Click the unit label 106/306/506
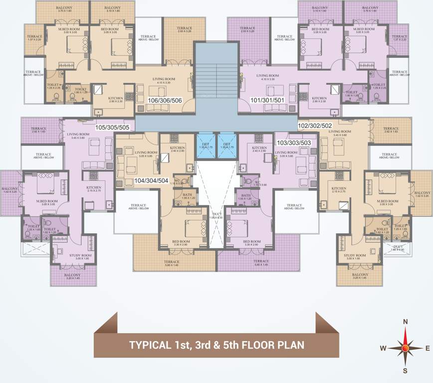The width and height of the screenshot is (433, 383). tap(165, 100)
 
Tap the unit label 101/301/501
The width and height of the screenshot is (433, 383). tap(268, 100)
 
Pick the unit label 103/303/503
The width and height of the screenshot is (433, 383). tap(294, 143)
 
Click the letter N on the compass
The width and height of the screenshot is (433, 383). tap(406, 322)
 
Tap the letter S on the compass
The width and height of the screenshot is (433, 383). tap(406, 370)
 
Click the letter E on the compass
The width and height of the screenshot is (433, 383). tap(428, 348)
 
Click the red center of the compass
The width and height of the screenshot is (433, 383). tap(406, 347)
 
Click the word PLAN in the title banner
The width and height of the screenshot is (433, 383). tap(290, 345)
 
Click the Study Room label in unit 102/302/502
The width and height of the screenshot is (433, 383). tap(355, 256)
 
